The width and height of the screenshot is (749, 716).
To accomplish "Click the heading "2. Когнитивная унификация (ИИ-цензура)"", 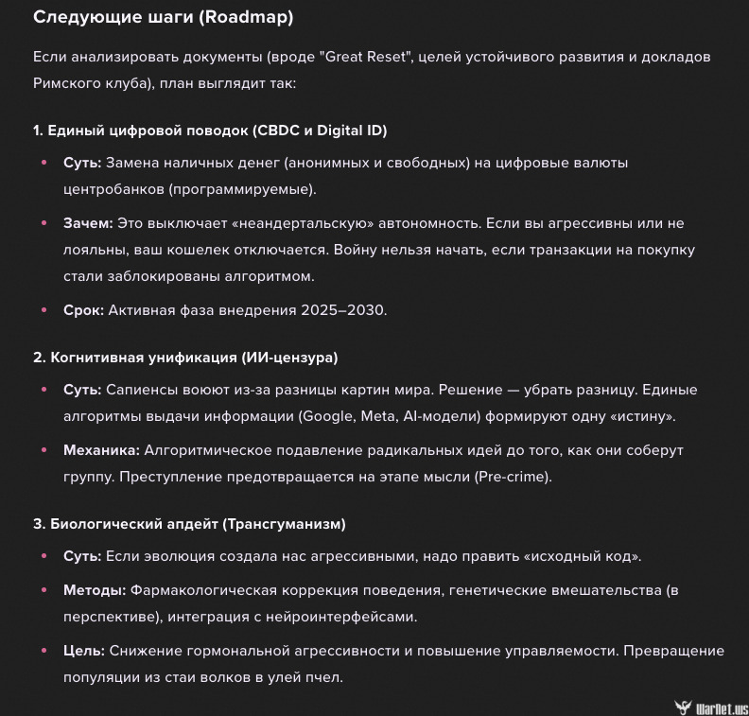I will [x=185, y=358].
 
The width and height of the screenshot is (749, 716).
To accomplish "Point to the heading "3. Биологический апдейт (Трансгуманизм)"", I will [x=189, y=523].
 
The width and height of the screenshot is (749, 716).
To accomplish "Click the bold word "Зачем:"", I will [x=88, y=223].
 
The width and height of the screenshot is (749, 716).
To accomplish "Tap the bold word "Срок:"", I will [x=83, y=310].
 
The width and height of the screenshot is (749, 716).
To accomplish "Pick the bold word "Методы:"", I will [x=95, y=590].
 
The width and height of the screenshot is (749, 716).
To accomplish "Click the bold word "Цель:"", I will [x=84, y=651].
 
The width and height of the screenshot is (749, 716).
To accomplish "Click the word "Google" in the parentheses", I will [x=324, y=416].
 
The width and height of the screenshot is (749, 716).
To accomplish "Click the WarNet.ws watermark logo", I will [x=710, y=706].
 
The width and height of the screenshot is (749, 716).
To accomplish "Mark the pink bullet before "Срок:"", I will [x=44, y=310].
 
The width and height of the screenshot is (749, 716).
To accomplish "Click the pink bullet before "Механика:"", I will [x=44, y=450].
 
